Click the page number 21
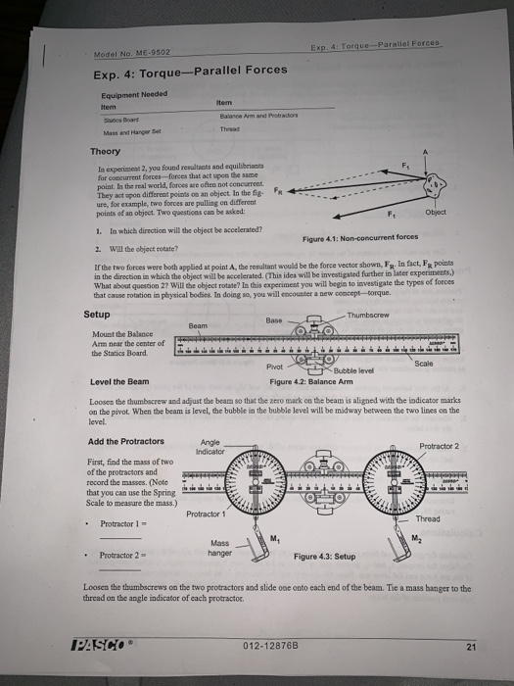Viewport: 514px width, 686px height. pyautogui.click(x=473, y=645)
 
